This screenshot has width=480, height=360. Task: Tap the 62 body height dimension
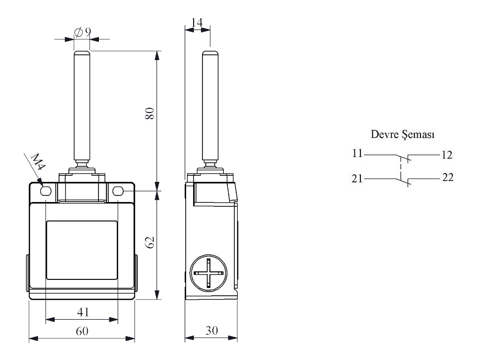coord(150,243)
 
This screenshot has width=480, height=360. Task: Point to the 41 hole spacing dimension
coord(82,311)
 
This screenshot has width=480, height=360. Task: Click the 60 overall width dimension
coord(82,331)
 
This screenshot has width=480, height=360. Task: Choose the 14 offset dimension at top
coord(197,22)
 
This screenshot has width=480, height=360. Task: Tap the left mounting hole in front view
coord(46,191)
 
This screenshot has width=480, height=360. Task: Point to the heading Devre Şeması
coord(403,135)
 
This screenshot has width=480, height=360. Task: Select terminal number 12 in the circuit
coord(446,154)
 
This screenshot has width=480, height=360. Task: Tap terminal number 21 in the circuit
coord(357,178)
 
